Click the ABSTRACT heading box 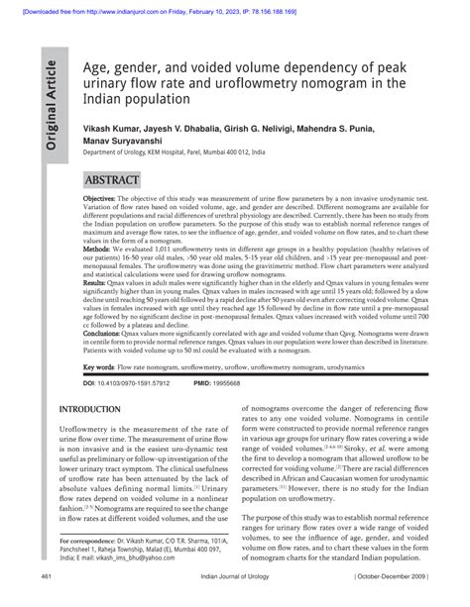pos(111,181)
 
